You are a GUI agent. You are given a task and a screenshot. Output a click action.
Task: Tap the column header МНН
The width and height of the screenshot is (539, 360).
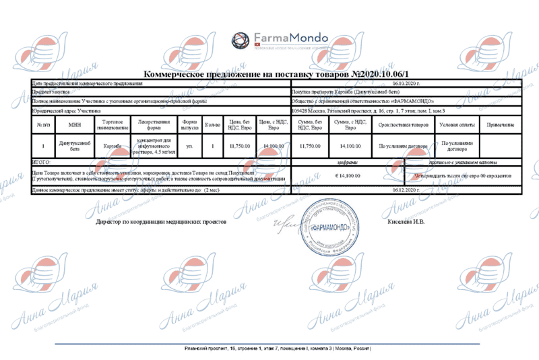click(74, 125)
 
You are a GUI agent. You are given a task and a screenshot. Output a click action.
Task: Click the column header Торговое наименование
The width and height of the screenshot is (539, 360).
click(111, 125)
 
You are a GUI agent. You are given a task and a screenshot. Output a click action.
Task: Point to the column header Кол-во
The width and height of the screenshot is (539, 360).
click(212, 125)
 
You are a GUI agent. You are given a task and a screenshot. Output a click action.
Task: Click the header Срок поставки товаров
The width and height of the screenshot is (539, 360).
click(404, 125)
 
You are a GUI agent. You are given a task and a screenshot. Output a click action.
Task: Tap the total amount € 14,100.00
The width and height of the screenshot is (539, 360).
click(348, 175)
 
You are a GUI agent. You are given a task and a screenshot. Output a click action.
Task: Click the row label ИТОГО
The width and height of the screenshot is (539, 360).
click(42, 162)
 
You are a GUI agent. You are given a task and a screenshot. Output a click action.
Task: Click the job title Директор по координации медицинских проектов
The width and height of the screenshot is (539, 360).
click(162, 221)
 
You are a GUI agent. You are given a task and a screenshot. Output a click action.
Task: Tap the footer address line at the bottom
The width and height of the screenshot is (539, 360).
click(277, 349)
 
